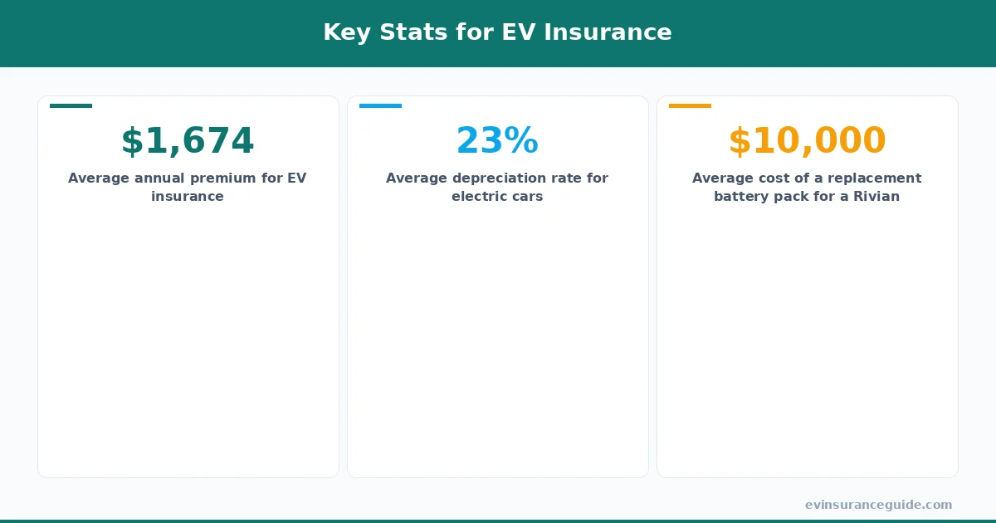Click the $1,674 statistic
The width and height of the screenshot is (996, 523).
188,141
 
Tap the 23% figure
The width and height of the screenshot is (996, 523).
497,141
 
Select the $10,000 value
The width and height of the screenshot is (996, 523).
807,141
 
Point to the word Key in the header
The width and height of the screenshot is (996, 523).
342,32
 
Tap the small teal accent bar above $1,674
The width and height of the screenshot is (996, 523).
71,105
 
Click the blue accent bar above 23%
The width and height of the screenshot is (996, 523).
380,105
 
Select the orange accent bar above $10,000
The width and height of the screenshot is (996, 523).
690,105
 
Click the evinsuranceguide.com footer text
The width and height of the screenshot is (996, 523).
878,505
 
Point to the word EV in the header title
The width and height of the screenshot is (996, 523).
517,32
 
